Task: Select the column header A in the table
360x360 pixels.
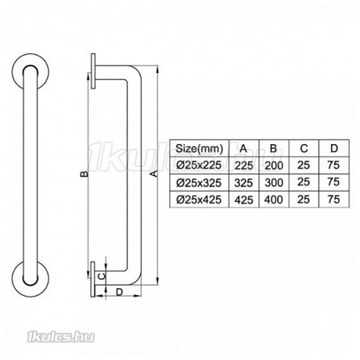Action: click(x=244, y=148)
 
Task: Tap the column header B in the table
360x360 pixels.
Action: click(x=274, y=148)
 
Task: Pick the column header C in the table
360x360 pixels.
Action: click(x=304, y=148)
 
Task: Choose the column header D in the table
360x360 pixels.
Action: click(x=333, y=148)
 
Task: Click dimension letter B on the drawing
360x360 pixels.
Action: click(x=85, y=174)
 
